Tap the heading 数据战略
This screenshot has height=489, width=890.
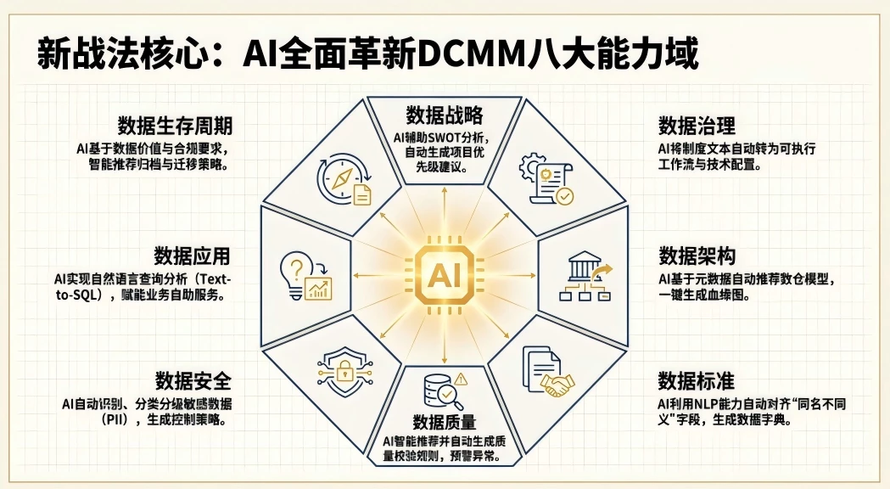445,115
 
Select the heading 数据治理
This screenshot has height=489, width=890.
697,126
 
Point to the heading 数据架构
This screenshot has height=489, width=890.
697,256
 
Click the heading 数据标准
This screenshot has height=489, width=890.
697,381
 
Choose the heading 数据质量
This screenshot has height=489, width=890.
445,422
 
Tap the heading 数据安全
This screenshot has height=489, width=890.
193,380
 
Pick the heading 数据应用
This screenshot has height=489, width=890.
192,256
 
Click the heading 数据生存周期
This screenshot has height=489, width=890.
175,126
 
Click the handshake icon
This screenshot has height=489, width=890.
557,385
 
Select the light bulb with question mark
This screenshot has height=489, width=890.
297,273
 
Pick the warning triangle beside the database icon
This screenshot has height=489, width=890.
461,379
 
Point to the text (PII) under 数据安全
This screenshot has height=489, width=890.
117,420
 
